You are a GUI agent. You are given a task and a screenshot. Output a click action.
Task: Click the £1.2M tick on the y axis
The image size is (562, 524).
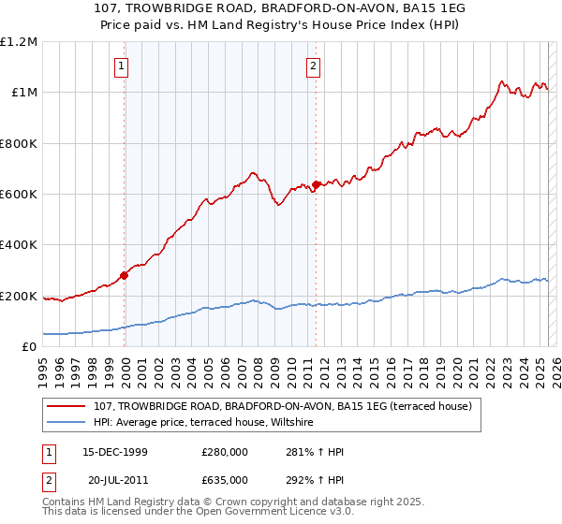click(x=19, y=42)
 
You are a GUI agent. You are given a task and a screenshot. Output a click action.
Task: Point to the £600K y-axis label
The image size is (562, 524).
click(x=19, y=195)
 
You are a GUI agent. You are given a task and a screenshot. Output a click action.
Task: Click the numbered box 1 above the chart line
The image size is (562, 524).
click(x=123, y=65)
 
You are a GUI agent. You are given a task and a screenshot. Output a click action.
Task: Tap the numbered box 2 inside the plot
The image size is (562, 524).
click(x=313, y=65)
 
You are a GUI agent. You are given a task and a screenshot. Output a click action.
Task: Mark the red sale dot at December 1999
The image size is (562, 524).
click(x=125, y=275)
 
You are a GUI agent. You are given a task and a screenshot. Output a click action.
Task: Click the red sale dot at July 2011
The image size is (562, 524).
click(x=317, y=184)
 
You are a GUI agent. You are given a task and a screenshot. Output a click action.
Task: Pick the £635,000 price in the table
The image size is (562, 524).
click(x=224, y=478)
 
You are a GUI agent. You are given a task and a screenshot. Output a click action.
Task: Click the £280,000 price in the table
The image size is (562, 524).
click(x=224, y=452)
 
